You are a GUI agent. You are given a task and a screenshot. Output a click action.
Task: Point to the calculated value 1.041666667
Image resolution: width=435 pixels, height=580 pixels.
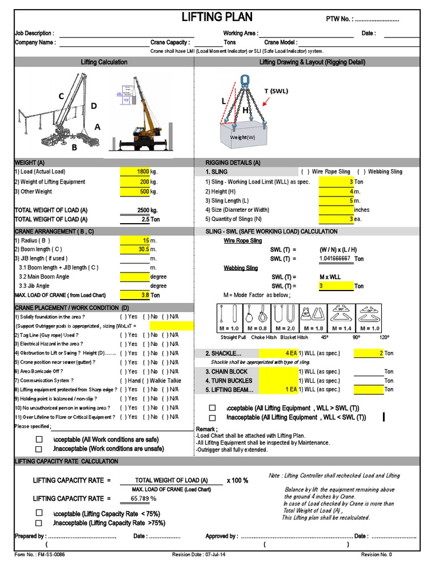coord(335,258)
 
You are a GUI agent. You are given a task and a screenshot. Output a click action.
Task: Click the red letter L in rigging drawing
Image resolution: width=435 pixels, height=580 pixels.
coord(224,101)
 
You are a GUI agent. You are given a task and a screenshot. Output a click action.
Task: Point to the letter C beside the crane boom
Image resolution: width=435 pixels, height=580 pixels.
coord(61,97)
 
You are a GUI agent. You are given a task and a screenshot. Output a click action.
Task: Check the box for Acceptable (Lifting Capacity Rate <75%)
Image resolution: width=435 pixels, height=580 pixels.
coord(39,513)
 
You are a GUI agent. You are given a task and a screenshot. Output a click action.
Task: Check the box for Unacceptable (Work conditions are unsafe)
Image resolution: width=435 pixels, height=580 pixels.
coord(39,449)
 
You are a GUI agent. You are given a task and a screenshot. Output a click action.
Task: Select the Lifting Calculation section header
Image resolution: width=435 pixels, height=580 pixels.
coord(104,62)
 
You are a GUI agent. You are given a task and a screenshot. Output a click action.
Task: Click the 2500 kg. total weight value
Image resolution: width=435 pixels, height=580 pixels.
coord(147,210)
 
